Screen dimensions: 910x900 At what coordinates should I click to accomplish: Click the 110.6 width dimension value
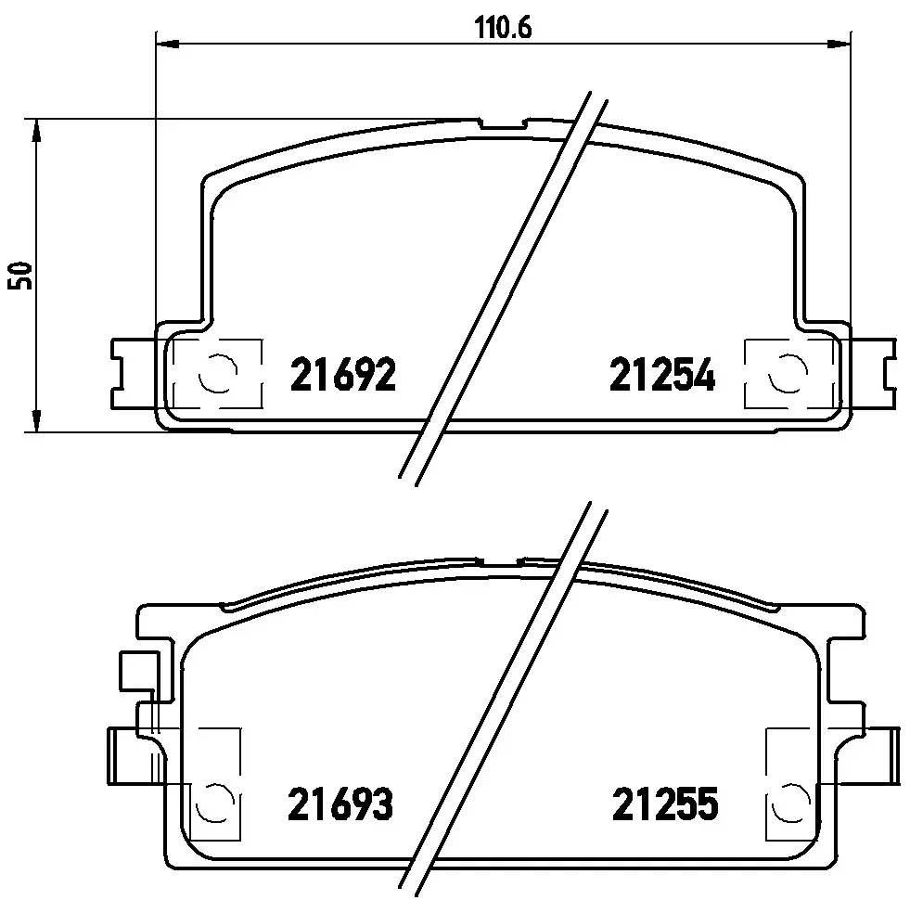coord(503,28)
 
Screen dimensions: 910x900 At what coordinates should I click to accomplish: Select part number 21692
coord(343,375)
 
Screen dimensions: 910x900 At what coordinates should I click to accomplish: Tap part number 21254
coord(662,375)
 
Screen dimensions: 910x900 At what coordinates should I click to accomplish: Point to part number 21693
coord(340,804)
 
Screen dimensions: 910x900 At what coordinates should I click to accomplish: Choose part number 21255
coord(665,804)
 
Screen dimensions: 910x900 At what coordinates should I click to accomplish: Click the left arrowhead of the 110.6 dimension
coord(168,44)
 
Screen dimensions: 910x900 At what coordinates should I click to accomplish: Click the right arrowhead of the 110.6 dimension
coord(838,44)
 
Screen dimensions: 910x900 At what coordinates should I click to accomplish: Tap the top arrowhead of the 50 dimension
coord(36,131)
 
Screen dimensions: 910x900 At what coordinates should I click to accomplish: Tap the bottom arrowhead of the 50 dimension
coord(36,420)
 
